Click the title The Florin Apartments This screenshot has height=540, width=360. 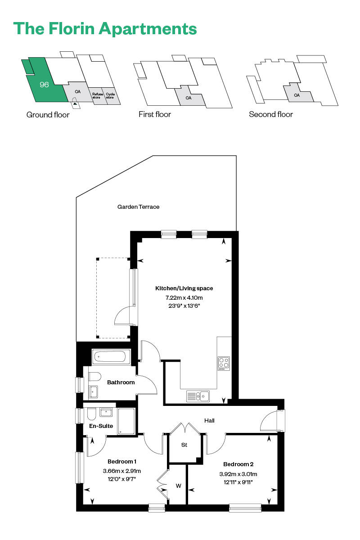pyautogui.click(x=105, y=28)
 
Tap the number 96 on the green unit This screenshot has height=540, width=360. pyautogui.click(x=44, y=85)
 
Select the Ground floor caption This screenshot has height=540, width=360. pyautogui.click(x=48, y=115)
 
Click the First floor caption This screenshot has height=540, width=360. pyautogui.click(x=155, y=114)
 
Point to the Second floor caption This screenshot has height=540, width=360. pyautogui.click(x=271, y=114)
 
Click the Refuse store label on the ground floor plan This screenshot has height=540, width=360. pyautogui.click(x=96, y=96)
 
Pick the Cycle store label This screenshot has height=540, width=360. pyautogui.click(x=110, y=96)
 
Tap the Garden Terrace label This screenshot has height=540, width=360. pyautogui.click(x=139, y=207)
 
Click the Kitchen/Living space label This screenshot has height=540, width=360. pyautogui.click(x=184, y=288)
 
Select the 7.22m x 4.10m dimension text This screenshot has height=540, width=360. pyautogui.click(x=184, y=297)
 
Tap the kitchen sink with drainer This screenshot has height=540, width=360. pyautogui.click(x=198, y=396)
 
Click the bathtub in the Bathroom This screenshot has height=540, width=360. pyautogui.click(x=111, y=357)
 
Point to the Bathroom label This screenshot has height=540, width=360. pyautogui.click(x=121, y=382)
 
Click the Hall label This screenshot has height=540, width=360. pyautogui.click(x=209, y=421)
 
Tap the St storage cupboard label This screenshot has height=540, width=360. pyautogui.click(x=184, y=445)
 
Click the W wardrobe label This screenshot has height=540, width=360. pyautogui.click(x=178, y=486)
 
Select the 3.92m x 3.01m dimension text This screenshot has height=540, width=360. pyautogui.click(x=238, y=474)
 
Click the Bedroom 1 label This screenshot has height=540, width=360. pyautogui.click(x=122, y=461)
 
